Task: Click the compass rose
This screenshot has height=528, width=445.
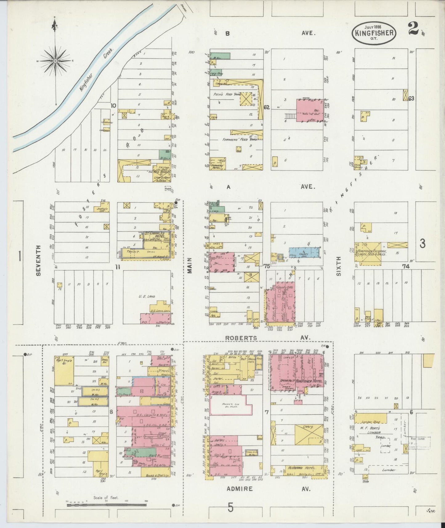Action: coord(55,61)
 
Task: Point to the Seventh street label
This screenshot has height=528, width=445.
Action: coord(38,260)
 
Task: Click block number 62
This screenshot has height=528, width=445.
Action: coord(267,107)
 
